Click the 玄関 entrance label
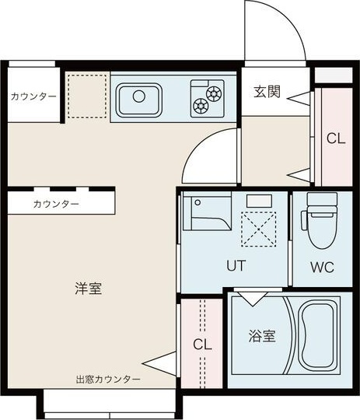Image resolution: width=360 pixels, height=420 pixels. click(267, 91)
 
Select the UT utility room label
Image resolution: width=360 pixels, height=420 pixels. click(236, 265)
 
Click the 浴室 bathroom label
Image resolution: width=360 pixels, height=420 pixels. click(262, 337)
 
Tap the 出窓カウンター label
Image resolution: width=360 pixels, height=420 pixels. click(108, 380)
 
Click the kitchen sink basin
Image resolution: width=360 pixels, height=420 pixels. click(140, 99)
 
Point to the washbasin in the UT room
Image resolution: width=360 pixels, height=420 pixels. click(207, 214)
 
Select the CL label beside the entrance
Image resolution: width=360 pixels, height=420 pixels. click(335, 138)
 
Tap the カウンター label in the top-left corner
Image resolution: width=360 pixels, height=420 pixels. click(33, 96)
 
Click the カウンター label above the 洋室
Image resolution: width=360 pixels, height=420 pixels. click(56, 204)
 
